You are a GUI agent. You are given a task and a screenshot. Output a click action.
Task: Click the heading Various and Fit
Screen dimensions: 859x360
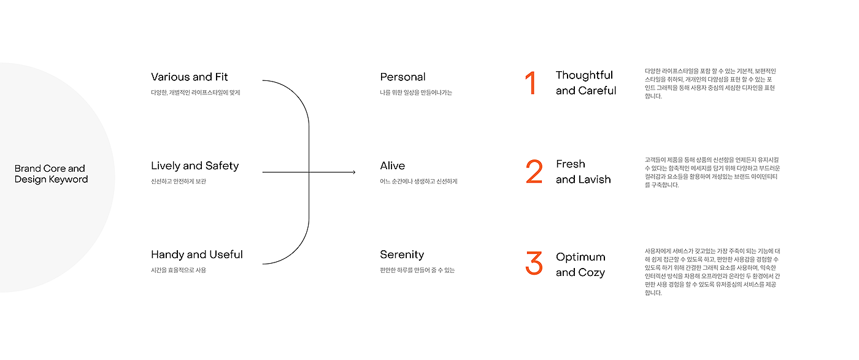point(189,77)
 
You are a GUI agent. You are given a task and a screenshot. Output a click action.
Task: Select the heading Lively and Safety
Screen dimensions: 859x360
point(195,166)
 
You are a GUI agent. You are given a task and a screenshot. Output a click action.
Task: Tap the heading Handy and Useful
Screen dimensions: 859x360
point(197,255)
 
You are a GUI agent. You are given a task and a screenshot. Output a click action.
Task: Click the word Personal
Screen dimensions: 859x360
point(403,77)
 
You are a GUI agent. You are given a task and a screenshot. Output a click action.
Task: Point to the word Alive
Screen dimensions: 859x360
point(392,166)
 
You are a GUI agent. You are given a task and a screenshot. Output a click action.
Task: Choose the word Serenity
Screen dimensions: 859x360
point(402,255)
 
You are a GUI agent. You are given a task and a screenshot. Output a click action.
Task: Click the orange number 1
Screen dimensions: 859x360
point(531,83)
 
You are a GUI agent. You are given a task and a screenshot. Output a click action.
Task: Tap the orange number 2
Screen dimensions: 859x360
point(534,172)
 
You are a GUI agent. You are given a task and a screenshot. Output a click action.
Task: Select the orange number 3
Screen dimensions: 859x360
point(534,263)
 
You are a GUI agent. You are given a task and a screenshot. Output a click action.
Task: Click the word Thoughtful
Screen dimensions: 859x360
point(584,75)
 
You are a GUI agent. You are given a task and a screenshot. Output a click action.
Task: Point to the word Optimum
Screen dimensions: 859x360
point(580,257)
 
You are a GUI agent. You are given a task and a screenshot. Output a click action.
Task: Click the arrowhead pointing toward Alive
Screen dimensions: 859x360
point(353,172)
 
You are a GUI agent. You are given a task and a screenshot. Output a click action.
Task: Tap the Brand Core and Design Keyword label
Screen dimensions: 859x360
point(51,174)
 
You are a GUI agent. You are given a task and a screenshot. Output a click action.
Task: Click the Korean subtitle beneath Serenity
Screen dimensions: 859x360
point(417,270)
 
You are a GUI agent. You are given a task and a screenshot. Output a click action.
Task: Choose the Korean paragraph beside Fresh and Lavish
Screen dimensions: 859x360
point(712,172)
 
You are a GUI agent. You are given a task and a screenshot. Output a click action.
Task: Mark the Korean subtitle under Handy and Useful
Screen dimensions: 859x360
point(179,270)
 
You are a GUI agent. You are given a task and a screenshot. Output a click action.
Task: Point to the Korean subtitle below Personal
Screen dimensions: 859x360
point(416,93)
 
